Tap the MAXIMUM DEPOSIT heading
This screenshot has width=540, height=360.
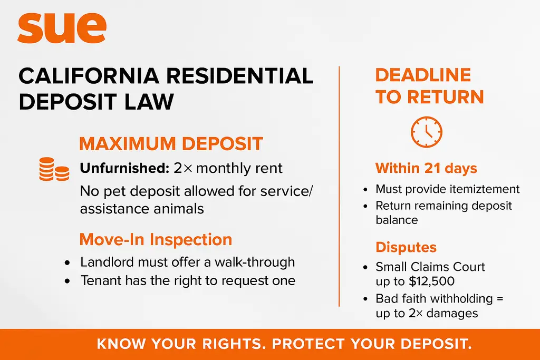click(x=171, y=144)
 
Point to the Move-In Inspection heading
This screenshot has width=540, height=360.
click(x=156, y=239)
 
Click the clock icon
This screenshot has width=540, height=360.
click(x=426, y=132)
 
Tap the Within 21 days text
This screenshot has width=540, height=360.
click(x=426, y=169)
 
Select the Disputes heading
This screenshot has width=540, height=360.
click(x=406, y=247)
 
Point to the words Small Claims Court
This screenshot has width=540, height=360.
click(x=430, y=267)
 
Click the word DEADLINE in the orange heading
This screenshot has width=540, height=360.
click(x=423, y=75)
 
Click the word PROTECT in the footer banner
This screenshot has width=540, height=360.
click(x=311, y=344)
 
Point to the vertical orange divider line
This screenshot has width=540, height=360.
click(x=339, y=184)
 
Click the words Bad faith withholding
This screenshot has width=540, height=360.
click(x=433, y=299)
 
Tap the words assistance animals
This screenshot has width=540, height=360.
click(x=142, y=209)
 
